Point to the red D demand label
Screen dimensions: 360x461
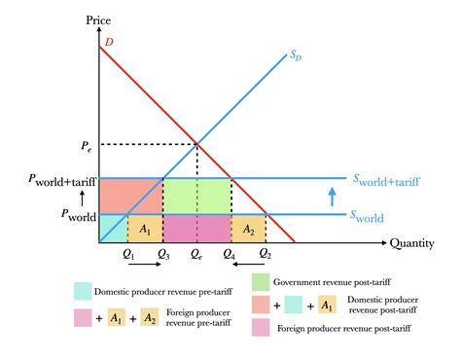pyautogui.click(x=108, y=42)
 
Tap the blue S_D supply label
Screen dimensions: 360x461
pyautogui.click(x=294, y=56)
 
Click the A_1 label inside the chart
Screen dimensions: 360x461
pyautogui.click(x=145, y=230)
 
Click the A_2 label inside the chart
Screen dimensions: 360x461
pyautogui.click(x=247, y=230)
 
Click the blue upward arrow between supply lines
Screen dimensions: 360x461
pyautogui.click(x=332, y=197)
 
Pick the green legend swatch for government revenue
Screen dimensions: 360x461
pyautogui.click(x=261, y=283)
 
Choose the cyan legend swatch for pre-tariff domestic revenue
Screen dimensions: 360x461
pyautogui.click(x=83, y=290)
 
